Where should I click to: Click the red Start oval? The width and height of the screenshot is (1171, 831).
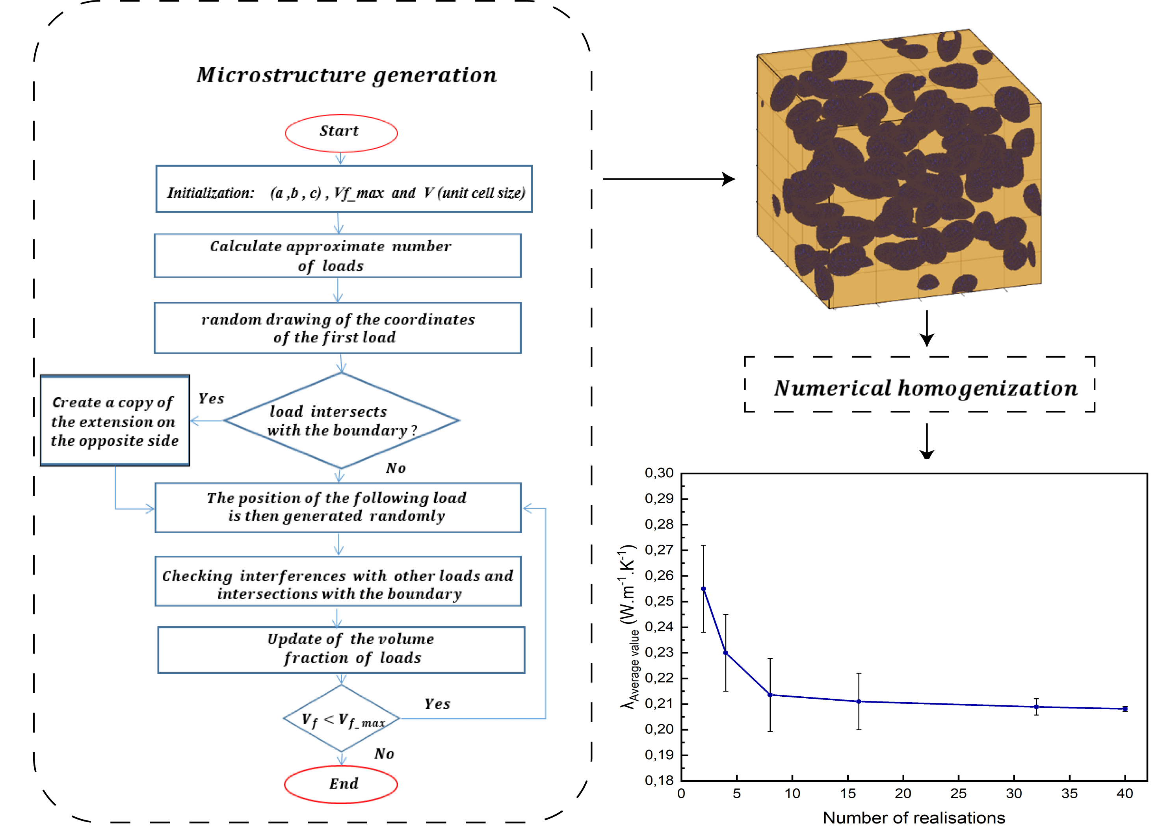[x=341, y=133]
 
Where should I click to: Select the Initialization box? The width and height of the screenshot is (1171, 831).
[x=344, y=189]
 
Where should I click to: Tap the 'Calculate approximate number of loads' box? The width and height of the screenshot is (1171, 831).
[x=338, y=256]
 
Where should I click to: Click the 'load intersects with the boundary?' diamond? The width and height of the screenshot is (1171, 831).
[x=341, y=421]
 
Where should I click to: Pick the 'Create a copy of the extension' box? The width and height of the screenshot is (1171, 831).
[x=115, y=421]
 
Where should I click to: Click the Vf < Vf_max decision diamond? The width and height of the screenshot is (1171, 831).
[x=341, y=718]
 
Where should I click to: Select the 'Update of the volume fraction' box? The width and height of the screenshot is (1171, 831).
[x=341, y=650]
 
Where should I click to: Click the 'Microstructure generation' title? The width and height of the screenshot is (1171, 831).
[x=346, y=75]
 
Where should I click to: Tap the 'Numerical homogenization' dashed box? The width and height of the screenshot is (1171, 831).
[x=920, y=384]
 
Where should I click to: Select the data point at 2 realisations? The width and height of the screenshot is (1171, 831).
[x=703, y=589]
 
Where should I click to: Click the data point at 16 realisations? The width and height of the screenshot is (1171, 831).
[x=859, y=701]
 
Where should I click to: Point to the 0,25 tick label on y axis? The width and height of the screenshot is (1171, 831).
[x=659, y=601]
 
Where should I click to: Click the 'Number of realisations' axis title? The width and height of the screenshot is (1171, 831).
[x=914, y=818]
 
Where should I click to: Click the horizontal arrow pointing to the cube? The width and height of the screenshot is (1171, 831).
[x=669, y=179]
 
